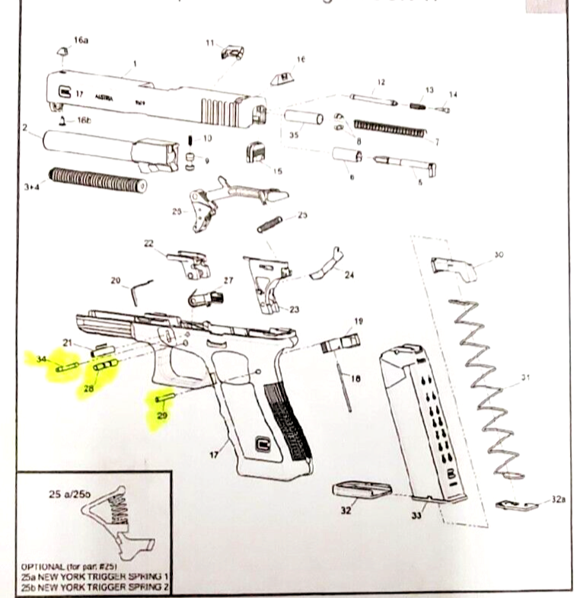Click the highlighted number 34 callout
[42, 359]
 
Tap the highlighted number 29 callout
[161, 415]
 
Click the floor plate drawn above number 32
[362, 490]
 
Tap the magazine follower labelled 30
[452, 266]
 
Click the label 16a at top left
[81, 40]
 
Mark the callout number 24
[349, 275]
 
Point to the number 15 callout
[277, 171]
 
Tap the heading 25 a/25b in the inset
[71, 494]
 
